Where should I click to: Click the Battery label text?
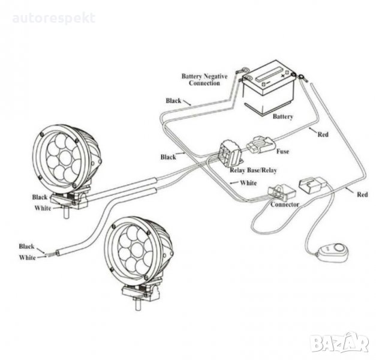[x=282, y=116]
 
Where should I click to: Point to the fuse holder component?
[x=263, y=145]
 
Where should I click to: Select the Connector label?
[x=285, y=205]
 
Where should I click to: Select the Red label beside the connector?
[x=362, y=195]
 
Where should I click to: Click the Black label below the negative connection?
[x=173, y=101]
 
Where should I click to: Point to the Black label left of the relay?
[x=169, y=157]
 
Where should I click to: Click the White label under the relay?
[x=248, y=182]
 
